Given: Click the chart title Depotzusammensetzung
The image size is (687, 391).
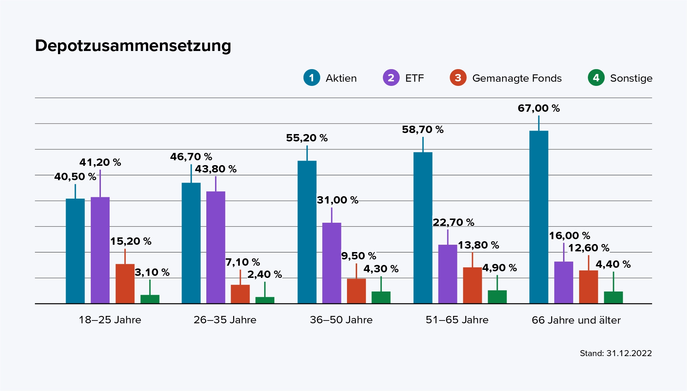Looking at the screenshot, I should click(133, 46).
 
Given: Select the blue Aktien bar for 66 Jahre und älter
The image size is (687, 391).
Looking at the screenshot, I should click(539, 216).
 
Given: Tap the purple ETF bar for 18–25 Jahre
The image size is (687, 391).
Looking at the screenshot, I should click(100, 250).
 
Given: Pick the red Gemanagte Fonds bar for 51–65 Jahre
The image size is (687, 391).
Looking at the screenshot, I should click(472, 285).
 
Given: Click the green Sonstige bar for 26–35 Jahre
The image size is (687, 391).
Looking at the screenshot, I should click(265, 300).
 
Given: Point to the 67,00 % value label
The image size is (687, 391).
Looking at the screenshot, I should click(539, 108).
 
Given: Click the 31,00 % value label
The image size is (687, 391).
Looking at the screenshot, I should click(337, 200).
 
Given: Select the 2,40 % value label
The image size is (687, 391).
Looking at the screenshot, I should click(264, 274).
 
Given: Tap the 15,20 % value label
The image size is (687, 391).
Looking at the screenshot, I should click(131, 241).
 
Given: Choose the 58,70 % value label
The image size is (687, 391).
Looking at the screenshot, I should click(422, 130).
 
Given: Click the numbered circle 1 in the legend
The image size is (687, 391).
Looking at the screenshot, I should click(311, 78).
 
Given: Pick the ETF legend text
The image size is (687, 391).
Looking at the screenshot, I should click(414, 78).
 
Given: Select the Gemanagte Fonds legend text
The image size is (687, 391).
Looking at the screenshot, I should click(517, 78).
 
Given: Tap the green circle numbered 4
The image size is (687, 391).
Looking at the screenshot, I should click(596, 78).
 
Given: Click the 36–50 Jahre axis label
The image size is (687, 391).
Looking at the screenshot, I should click(341, 320).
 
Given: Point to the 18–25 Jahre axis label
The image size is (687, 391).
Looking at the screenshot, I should click(110, 320).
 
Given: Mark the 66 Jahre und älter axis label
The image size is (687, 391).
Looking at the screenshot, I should click(576, 320).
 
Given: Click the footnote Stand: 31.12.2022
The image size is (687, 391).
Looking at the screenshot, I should click(615, 353).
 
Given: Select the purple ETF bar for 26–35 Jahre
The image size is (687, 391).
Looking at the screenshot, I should click(215, 247).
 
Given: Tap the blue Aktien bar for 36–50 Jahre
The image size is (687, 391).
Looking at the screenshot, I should click(307, 232).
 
